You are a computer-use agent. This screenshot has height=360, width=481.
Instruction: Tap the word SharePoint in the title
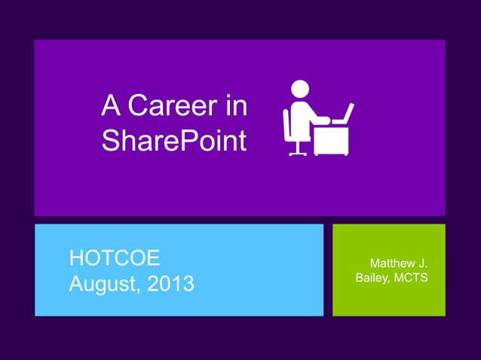[x=174, y=141]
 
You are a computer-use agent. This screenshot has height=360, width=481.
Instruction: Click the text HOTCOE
[x=114, y=258]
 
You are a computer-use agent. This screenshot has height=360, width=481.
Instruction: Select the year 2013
[x=170, y=285]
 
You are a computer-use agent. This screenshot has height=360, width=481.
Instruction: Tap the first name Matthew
[x=391, y=264]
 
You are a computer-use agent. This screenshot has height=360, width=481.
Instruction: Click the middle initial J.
[x=422, y=264]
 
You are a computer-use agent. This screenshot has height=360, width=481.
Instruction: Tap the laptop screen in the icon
[x=345, y=113]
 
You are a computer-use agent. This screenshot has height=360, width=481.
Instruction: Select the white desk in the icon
[x=331, y=139]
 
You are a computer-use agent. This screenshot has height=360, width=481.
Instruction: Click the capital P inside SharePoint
[x=187, y=141]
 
